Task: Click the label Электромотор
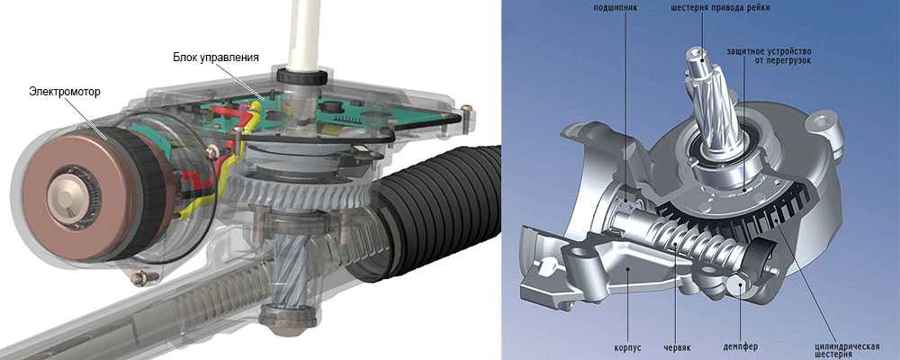coord(64,92)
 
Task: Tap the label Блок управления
coord(216,58)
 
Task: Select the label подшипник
coord(616,8)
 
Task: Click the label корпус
coord(627,348)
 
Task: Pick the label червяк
coord(678,348)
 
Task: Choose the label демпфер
coord(741,347)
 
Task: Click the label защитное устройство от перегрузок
coord(769,56)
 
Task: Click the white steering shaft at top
coord(303,34)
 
